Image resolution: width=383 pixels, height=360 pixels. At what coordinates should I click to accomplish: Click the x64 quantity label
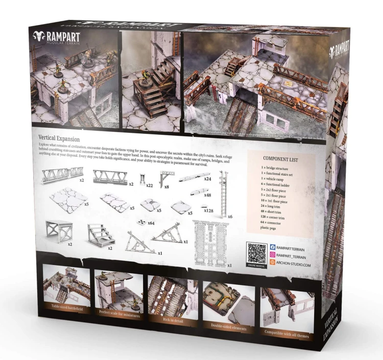click(151, 223)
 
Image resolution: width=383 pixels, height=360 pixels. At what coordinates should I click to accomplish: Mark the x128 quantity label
click(208, 210)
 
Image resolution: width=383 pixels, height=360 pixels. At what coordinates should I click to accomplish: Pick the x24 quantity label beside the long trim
click(208, 179)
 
